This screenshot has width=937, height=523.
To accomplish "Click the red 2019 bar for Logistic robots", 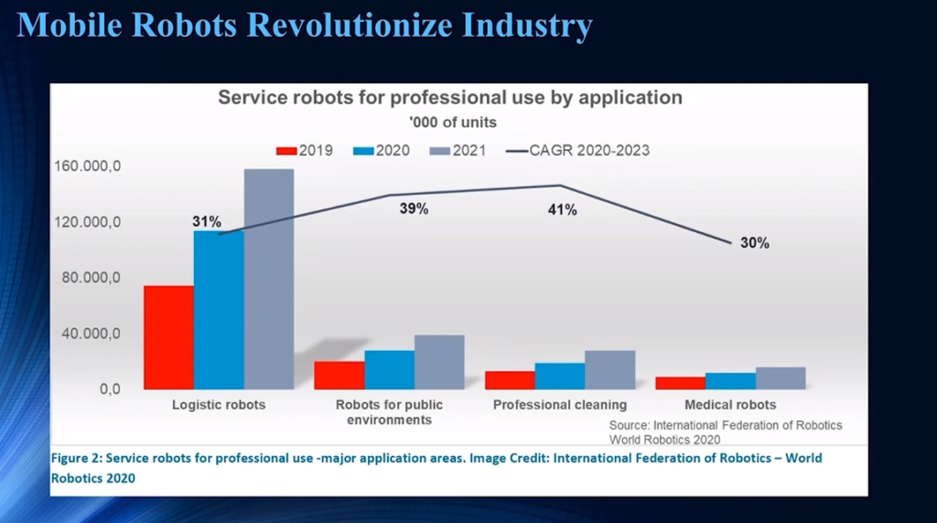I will tap(168, 337).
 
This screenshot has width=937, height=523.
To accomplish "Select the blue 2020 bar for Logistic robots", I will tap(219, 310).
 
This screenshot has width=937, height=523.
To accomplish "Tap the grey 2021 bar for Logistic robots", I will tap(269, 279).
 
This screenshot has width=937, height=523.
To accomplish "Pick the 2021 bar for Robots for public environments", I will tap(439, 362).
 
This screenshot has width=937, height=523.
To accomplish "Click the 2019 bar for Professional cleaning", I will tap(511, 380).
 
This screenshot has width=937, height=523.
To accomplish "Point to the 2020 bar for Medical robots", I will tap(731, 381).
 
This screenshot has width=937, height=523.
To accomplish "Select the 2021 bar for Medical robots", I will tap(781, 379).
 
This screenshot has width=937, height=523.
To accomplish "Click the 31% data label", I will tap(207, 221).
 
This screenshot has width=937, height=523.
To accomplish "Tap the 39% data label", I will tap(414, 209).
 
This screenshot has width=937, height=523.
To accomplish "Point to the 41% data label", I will tap(562, 210).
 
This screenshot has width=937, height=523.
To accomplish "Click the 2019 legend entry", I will tap(306, 150).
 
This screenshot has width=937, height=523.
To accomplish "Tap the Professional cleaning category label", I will tap(560, 405).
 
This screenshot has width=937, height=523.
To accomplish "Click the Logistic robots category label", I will tap(219, 405).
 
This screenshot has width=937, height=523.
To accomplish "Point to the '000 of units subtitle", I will tap(449, 123).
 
